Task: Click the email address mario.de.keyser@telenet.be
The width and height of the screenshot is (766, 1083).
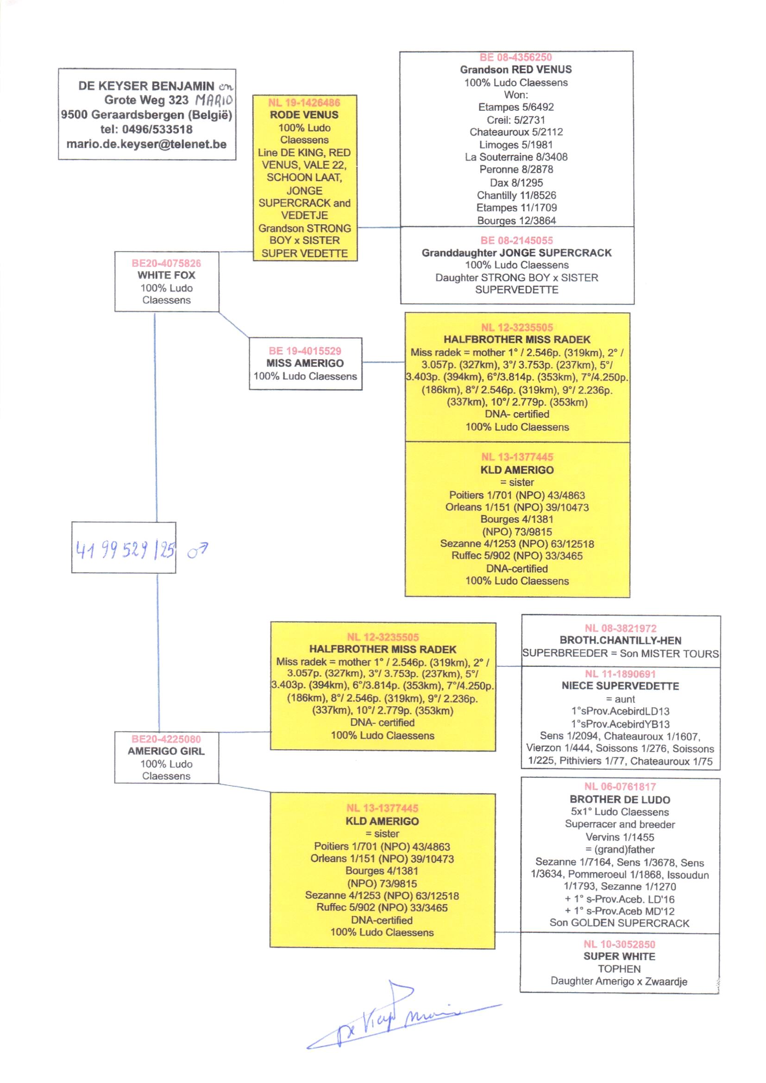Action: click(146, 144)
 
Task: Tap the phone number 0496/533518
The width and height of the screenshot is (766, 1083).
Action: click(157, 129)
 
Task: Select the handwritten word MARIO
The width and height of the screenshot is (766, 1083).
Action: click(214, 100)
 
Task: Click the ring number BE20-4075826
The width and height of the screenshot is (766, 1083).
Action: click(166, 263)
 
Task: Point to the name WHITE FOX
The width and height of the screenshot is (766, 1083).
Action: click(166, 275)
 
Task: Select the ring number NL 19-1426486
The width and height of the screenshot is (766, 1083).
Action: click(304, 102)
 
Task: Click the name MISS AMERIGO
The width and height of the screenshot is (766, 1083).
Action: click(305, 363)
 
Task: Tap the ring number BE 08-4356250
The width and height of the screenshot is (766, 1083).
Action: click(515, 57)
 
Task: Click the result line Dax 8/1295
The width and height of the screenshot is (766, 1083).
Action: click(516, 183)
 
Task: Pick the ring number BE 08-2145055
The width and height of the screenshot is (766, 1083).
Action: click(516, 240)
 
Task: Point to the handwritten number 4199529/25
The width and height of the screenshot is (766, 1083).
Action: click(125, 549)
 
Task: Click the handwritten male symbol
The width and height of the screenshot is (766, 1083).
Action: click(197, 550)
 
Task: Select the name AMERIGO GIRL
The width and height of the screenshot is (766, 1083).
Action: click(166, 751)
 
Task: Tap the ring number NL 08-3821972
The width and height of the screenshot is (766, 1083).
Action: click(620, 628)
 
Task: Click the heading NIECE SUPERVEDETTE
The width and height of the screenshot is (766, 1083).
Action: click(620, 686)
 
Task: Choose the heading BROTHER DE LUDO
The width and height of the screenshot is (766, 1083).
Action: click(620, 799)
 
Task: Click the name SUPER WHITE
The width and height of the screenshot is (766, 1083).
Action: click(619, 956)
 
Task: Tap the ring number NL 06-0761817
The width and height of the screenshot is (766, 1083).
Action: click(620, 787)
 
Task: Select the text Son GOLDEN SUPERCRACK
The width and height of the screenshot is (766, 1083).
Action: click(619, 923)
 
